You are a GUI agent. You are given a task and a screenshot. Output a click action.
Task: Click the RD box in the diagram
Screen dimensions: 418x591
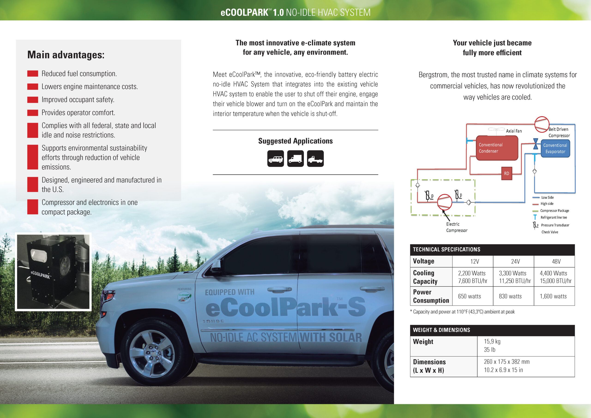pos(506,174)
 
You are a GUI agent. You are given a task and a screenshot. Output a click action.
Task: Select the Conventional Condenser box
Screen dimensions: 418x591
pos(497,148)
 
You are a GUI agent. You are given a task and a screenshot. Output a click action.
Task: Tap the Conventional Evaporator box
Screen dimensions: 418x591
pos(555,148)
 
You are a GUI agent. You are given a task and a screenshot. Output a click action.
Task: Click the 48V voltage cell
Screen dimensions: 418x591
pos(556,262)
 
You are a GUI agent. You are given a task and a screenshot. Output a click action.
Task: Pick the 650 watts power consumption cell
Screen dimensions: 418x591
pos(469,296)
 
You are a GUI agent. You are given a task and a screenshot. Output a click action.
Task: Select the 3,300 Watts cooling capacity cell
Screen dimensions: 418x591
pos(513,277)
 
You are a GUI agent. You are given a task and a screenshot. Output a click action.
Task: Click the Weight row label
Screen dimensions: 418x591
pos(423,342)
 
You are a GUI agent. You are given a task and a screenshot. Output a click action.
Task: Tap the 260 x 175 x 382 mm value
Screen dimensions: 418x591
pos(506,362)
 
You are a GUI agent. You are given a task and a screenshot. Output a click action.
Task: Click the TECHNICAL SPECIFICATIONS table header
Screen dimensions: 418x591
pos(446,250)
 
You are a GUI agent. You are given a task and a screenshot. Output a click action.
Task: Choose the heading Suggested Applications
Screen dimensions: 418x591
pos(295,141)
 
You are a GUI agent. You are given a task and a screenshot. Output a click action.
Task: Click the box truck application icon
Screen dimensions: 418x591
pos(295,159)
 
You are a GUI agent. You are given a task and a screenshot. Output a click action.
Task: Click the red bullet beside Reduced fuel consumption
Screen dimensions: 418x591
pos(33,74)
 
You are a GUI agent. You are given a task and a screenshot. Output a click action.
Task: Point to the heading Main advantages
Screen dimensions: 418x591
pos(66,55)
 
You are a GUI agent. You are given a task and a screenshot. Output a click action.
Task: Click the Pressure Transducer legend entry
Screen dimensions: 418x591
pos(555,225)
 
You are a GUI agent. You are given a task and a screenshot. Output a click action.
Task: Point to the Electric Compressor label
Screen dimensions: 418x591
pos(456,227)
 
